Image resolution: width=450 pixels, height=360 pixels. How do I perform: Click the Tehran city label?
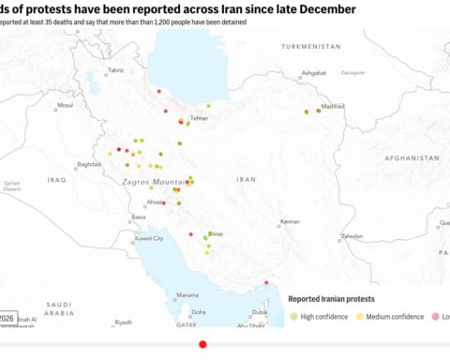pyautogui.click(x=199, y=119)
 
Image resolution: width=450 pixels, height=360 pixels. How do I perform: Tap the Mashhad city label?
pyautogui.click(x=334, y=107)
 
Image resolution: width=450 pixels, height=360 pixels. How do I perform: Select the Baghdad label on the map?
pyautogui.click(x=89, y=164)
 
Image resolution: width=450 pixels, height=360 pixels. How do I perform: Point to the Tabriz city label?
pyautogui.click(x=115, y=70)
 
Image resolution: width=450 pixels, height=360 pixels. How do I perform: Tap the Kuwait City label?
pyautogui.click(x=150, y=238)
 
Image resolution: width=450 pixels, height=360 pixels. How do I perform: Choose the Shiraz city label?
pyautogui.click(x=216, y=233)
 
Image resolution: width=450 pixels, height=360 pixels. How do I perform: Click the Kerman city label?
pyautogui.click(x=290, y=222)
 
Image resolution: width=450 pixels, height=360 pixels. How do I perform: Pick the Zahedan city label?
pyautogui.click(x=352, y=236)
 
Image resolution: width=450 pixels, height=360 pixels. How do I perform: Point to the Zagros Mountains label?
pyautogui.click(x=155, y=179)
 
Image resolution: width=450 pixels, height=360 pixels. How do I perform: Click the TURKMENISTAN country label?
pyautogui.click(x=314, y=46)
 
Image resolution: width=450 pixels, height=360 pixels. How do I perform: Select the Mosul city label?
pyautogui.click(x=65, y=105)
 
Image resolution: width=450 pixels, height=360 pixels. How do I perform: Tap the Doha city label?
pyautogui.click(x=199, y=311)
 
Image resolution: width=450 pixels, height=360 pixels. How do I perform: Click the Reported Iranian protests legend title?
pyautogui.click(x=331, y=299)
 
